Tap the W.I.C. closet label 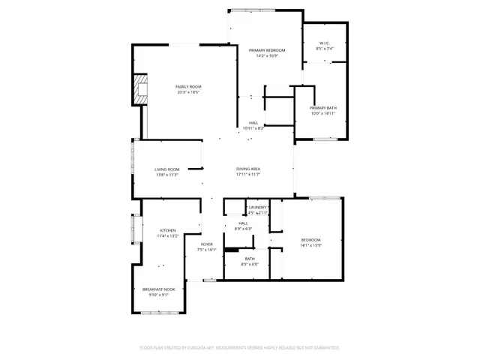(x=324, y=43)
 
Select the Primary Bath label (x=323, y=108)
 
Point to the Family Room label (x=188, y=87)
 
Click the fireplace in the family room (x=139, y=88)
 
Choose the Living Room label (x=166, y=169)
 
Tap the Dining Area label (x=247, y=169)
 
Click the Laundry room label (x=259, y=207)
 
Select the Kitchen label (x=167, y=230)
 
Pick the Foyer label (x=206, y=244)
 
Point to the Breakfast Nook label (x=158, y=289)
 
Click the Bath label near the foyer (x=249, y=259)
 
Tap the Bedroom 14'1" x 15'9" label (x=310, y=240)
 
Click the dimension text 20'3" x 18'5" (x=188, y=92)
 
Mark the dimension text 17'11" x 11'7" (x=247, y=175)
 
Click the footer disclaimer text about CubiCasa (x=240, y=348)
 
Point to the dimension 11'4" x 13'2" (x=167, y=235)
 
